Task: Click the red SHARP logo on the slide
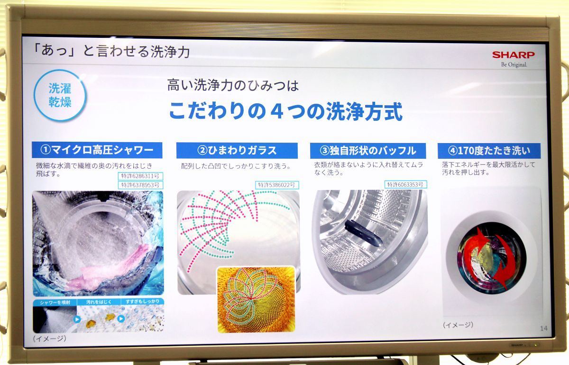click(513, 55)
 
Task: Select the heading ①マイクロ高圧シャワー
click(97, 151)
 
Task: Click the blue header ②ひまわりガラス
click(237, 151)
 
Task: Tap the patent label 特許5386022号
click(277, 185)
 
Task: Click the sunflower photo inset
click(256, 299)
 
